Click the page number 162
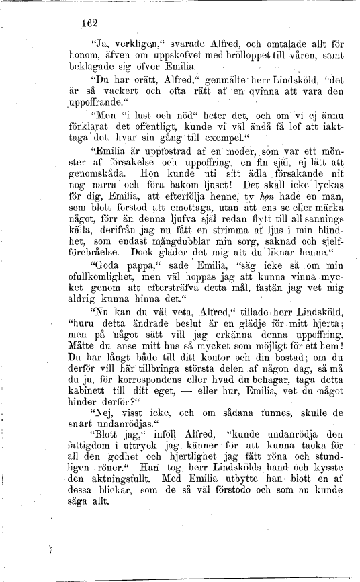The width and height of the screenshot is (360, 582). [89, 23]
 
